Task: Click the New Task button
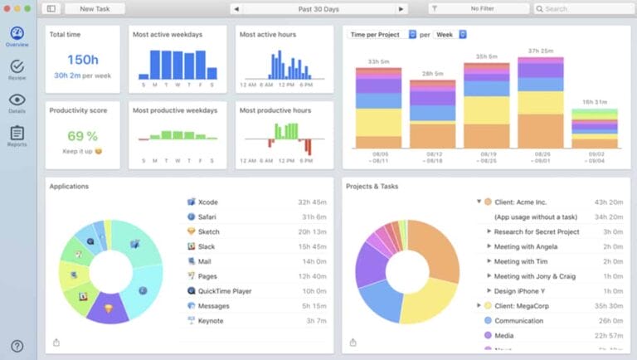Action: (x=93, y=8)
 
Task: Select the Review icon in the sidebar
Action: (x=17, y=67)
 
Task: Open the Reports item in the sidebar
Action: (x=17, y=134)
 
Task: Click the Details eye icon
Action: (x=17, y=100)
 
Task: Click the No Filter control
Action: (x=479, y=8)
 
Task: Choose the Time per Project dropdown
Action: (x=381, y=35)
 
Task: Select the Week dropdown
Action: (x=450, y=35)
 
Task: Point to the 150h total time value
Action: (x=83, y=59)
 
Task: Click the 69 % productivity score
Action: (x=83, y=135)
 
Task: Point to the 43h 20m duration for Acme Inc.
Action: (x=608, y=202)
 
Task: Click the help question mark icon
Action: (x=17, y=346)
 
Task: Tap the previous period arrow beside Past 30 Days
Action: (x=236, y=8)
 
